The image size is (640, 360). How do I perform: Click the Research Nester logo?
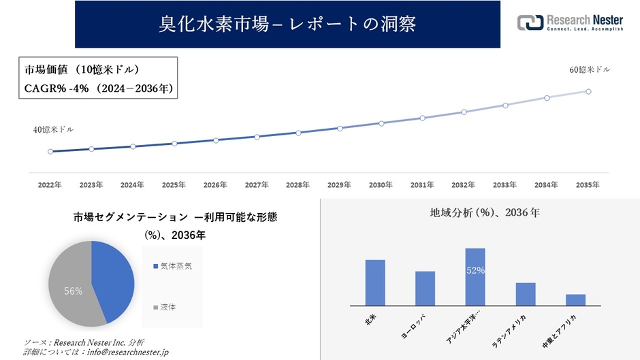coord(570,22)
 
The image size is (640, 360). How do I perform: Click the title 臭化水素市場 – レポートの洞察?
coord(287,24)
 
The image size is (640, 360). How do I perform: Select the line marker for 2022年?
coord(50,152)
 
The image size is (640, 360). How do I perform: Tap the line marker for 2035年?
coord(588,91)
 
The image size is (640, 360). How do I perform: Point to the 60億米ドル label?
coord(590,69)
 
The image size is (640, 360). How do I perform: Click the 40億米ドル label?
coord(53,129)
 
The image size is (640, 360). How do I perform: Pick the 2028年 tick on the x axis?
coord(298,185)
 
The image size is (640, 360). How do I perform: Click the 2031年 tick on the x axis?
coord(422,185)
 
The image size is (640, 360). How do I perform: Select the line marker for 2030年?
coord(381,123)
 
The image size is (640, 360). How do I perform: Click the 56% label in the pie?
coord(73,291)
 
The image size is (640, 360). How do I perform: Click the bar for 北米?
coord(375,282)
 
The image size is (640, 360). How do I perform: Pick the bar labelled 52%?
coord(475,277)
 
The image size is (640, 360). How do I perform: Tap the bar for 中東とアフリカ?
coord(575,299)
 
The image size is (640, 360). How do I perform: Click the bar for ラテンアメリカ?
coord(526,294)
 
